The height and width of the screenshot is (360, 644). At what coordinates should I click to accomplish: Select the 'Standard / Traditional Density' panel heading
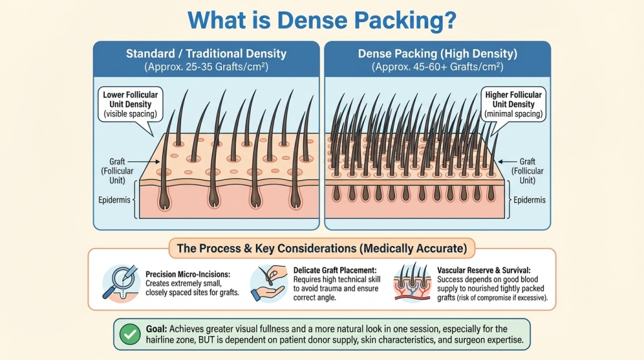pyautogui.click(x=206, y=53)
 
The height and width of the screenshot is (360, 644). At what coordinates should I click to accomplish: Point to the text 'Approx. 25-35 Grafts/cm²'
pyautogui.click(x=206, y=66)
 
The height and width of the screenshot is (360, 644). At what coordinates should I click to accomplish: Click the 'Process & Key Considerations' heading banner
pyautogui.click(x=321, y=248)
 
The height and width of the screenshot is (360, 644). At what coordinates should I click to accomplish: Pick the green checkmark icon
pyautogui.click(x=130, y=334)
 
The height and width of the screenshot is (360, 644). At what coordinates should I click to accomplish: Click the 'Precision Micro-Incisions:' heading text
pyautogui.click(x=189, y=274)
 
